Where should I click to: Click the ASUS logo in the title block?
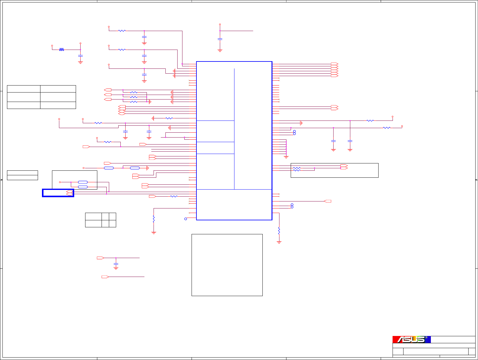click(411, 340)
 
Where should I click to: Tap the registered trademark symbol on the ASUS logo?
click(426, 337)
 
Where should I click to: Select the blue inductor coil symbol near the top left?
click(62, 49)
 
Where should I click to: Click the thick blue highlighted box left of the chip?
click(58, 193)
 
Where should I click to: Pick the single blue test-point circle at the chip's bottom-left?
click(186, 219)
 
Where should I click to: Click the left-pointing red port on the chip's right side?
click(327, 201)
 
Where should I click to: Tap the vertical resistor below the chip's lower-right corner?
click(279, 231)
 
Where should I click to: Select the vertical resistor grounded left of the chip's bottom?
click(154, 219)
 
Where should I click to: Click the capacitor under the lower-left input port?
click(116, 264)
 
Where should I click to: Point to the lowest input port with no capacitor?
click(105, 277)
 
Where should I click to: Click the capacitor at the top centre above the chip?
click(220, 39)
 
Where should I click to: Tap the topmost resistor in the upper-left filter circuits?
click(122, 31)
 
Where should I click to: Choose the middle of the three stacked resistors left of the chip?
click(134, 97)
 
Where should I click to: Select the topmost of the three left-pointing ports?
click(108, 90)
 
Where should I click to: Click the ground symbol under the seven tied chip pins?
click(286, 157)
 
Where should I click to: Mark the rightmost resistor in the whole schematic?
click(386, 128)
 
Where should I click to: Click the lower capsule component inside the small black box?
click(83, 187)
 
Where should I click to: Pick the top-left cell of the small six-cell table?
click(93, 216)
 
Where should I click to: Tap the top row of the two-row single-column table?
click(23, 173)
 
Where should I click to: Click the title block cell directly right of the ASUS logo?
click(453, 340)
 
